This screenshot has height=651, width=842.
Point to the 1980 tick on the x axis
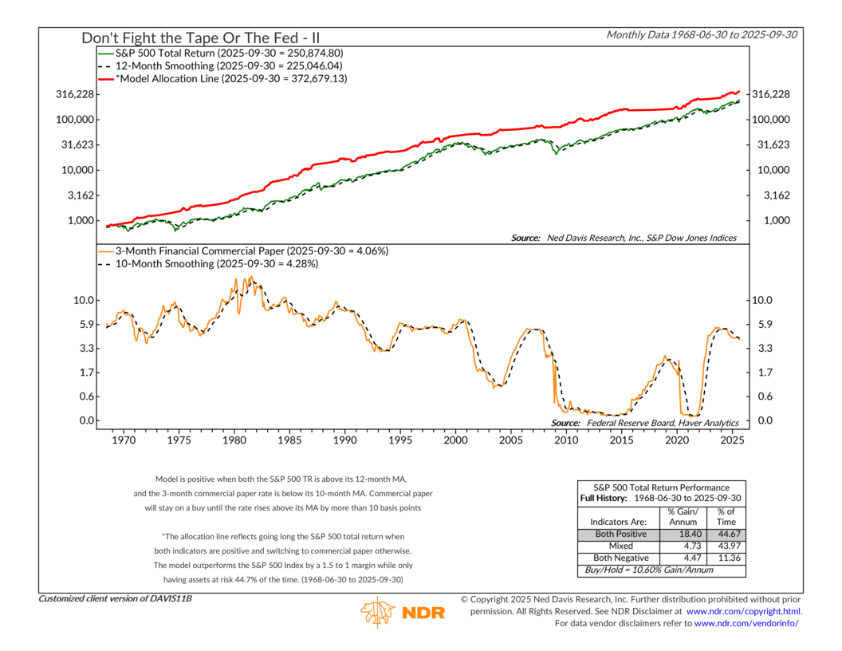coord(234,440)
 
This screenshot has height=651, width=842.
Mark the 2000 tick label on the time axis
coord(455,440)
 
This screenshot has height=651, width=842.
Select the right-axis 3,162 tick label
coord(770,195)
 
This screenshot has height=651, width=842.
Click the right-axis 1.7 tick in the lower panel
coord(765,373)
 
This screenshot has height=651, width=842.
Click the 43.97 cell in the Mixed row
coord(727,546)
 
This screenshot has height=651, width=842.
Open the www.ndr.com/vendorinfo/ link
coord(746,623)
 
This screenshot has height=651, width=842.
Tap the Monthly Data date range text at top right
coord(703,34)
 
